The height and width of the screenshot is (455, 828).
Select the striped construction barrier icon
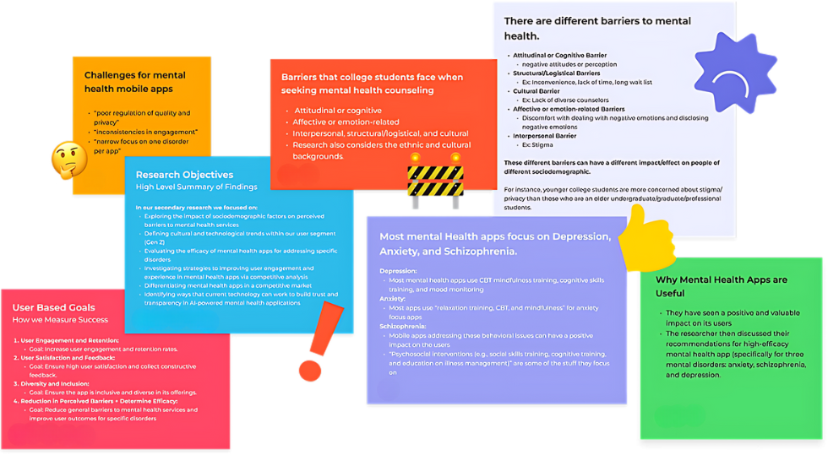pos(434,177)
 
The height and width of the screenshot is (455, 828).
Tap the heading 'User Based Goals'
pos(54,307)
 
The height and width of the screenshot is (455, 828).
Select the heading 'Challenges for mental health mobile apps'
pos(134,82)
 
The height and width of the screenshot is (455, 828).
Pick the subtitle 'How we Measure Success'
pos(60,320)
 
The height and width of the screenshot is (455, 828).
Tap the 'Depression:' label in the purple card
pos(398,270)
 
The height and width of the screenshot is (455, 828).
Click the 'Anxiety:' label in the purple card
pos(393,298)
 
